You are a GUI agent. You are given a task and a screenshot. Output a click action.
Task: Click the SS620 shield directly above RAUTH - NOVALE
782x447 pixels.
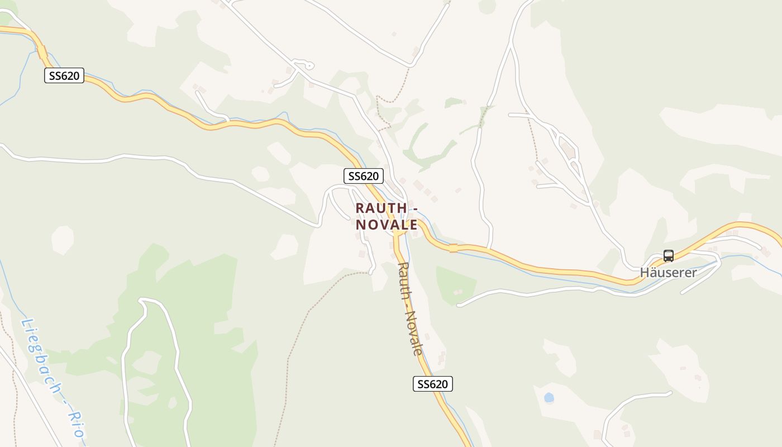(x=363, y=176)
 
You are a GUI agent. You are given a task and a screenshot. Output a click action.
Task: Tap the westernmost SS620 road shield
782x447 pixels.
(x=64, y=75)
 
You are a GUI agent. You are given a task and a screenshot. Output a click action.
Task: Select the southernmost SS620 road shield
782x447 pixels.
(x=433, y=384)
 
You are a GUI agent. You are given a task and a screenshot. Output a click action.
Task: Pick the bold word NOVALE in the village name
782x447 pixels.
(x=387, y=225)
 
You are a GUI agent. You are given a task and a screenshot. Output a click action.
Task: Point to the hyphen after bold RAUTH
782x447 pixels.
(x=415, y=208)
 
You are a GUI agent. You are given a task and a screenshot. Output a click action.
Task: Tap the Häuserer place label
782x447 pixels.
(x=668, y=273)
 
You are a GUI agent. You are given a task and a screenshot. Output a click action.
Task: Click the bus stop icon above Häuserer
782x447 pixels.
(x=668, y=256)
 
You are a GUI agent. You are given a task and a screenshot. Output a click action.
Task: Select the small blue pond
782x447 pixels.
(x=549, y=397)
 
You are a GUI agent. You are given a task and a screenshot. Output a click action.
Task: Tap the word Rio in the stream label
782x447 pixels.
(x=77, y=425)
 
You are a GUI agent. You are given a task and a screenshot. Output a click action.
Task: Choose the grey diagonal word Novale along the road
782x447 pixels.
(x=414, y=332)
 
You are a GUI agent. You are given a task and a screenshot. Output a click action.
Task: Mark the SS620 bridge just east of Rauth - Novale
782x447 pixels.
(x=453, y=248)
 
